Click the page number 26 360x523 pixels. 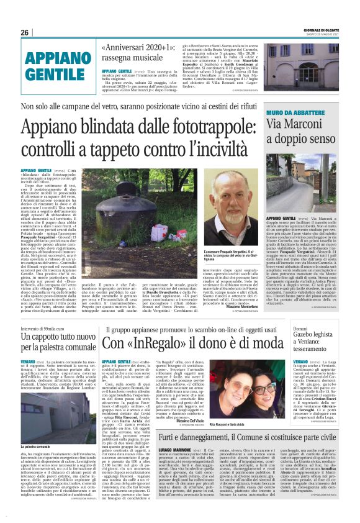pyautogui.click(x=25, y=32)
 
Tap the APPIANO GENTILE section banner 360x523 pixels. pyautogui.click(x=55, y=66)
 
